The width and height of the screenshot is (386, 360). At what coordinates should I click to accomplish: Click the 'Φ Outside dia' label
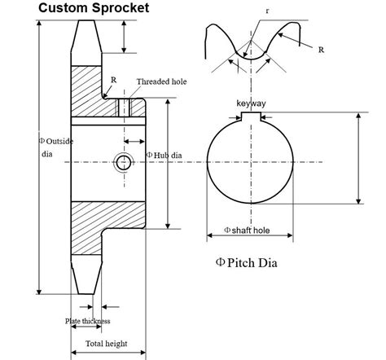(56, 147)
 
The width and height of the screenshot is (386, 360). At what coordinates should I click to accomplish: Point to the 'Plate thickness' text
(88, 321)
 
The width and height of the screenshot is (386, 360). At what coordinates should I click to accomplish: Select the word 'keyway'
(251, 104)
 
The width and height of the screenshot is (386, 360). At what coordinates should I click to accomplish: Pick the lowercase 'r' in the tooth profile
(266, 11)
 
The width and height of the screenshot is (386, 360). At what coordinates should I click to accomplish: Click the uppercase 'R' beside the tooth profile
(322, 50)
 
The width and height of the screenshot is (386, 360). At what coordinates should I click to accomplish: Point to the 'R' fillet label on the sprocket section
(112, 79)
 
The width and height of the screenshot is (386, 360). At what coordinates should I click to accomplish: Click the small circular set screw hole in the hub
(123, 162)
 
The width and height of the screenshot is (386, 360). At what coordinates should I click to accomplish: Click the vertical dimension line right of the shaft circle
(358, 159)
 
